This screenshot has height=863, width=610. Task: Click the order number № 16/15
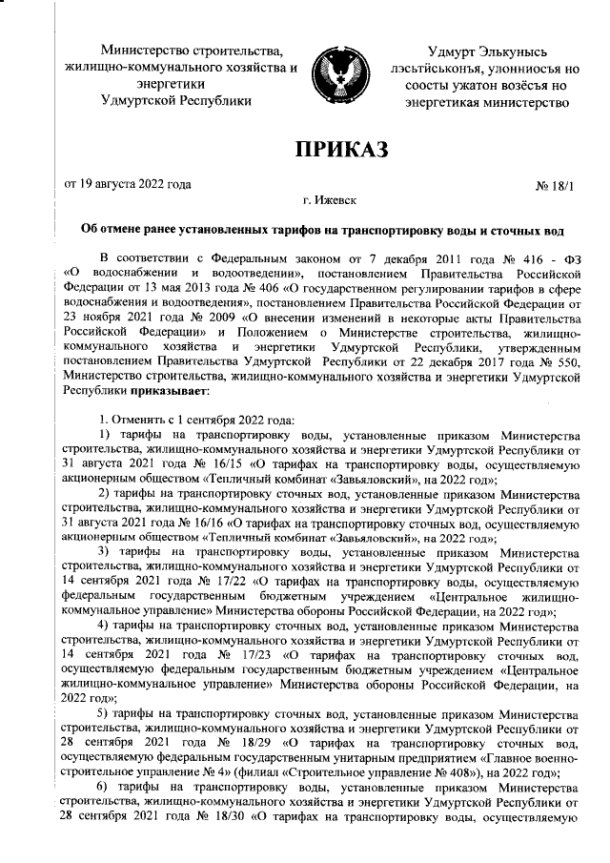tap(206, 465)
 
